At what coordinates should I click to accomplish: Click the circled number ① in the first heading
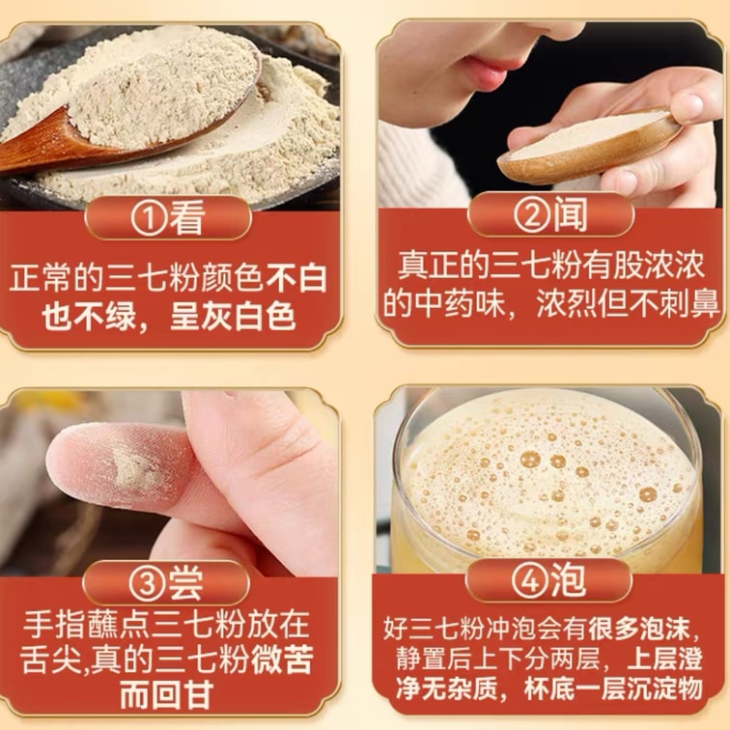(x=149, y=218)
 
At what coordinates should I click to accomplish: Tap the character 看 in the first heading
(x=186, y=218)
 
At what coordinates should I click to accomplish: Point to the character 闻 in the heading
(x=570, y=214)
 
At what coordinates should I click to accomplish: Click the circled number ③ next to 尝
(x=147, y=583)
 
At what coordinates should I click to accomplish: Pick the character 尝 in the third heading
(x=184, y=583)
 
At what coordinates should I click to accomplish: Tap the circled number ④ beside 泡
(x=530, y=580)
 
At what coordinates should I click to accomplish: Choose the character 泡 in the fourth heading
(x=568, y=580)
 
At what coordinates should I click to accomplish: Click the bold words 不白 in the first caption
(x=296, y=278)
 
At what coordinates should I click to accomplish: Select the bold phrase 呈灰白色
(x=233, y=317)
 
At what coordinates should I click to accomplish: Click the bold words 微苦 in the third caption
(x=282, y=659)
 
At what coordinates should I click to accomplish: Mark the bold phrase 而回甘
(x=167, y=695)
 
